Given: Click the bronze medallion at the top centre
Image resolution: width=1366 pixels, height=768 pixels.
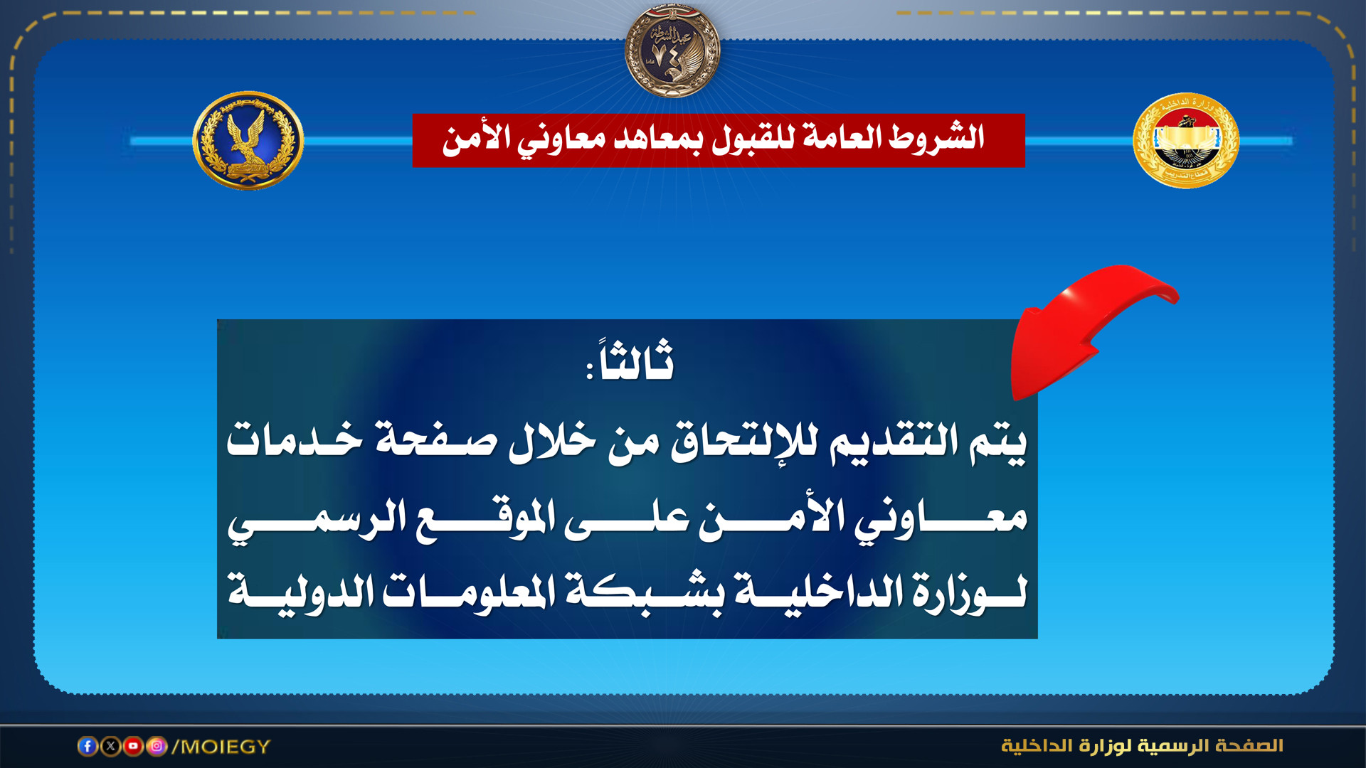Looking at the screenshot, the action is (672, 50).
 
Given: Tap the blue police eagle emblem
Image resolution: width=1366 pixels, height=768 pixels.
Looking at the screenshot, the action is (248, 140).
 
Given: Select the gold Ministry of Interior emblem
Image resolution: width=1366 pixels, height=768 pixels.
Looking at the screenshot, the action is (1186, 140).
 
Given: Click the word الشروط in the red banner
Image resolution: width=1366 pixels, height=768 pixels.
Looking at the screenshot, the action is (936, 137).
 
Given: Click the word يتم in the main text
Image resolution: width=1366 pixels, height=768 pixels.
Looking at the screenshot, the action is (998, 442).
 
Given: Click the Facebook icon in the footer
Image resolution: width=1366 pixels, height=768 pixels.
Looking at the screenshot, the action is (88, 746).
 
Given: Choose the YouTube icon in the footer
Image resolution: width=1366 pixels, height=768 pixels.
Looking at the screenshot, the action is (133, 746).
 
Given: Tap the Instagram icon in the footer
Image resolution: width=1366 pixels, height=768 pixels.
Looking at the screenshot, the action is (157, 746).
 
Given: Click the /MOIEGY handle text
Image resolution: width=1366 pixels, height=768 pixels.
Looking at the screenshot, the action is (221, 747).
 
